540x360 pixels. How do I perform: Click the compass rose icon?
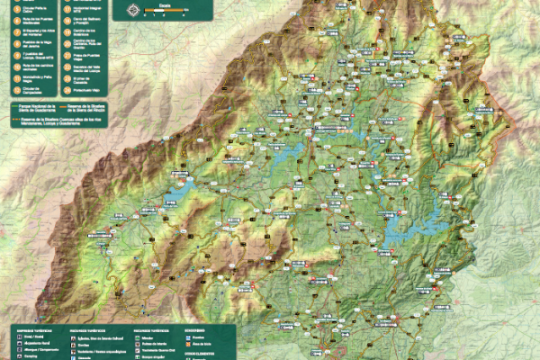tap(133, 10)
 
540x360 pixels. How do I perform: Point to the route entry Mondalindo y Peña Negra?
tap(32, 78)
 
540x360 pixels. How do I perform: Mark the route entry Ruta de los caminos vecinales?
tap(32, 66)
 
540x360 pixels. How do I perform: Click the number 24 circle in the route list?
tap(67, 91)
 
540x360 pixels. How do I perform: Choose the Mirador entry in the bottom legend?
tap(149, 337)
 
